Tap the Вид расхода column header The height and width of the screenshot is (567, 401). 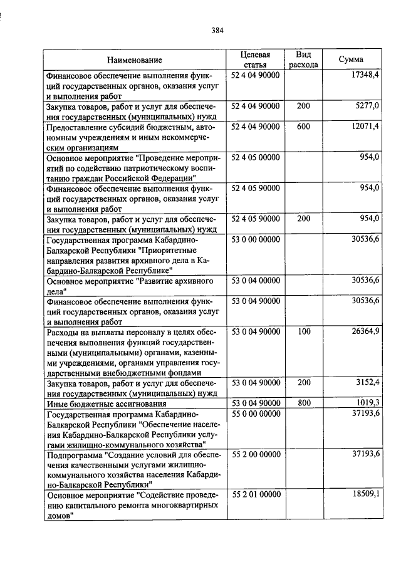(303, 60)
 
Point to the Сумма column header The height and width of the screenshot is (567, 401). (352, 60)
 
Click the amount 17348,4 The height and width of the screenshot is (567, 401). (367, 75)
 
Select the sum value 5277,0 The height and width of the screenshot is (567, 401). (369, 106)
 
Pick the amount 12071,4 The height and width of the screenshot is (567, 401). (367, 127)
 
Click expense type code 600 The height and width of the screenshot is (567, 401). (303, 127)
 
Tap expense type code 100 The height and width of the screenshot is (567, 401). (303, 331)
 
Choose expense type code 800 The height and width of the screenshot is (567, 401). (303, 403)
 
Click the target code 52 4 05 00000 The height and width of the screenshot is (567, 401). (256, 157)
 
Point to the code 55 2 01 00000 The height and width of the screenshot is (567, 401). (256, 495)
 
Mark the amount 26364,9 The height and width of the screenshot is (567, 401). (367, 331)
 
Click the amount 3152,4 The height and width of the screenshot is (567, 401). (369, 382)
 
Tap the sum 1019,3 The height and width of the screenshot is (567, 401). (369, 403)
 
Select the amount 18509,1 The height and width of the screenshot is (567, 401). (367, 495)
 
